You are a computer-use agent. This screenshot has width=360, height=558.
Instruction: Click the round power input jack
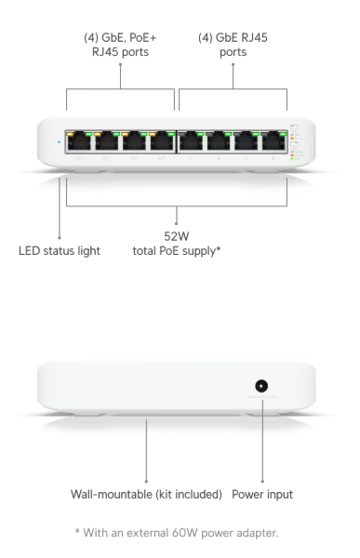click(263, 388)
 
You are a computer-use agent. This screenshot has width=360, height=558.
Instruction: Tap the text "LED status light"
click(60, 251)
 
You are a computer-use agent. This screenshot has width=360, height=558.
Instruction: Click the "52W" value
click(177, 236)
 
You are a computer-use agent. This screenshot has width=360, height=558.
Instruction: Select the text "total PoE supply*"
click(177, 251)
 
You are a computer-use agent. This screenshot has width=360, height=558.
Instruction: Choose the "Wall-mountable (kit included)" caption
click(147, 494)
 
